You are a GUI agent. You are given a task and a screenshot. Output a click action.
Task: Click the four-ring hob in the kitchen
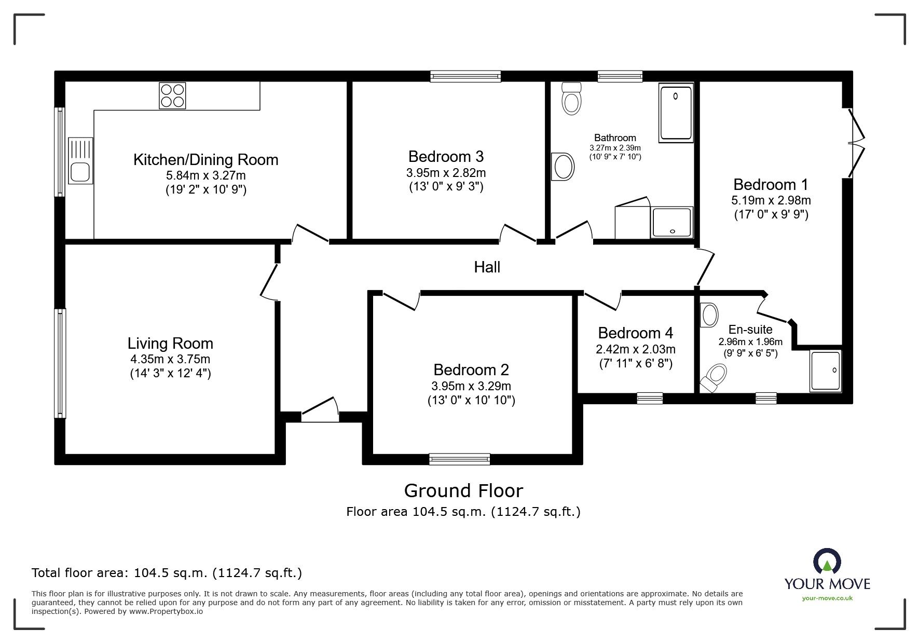[172, 95]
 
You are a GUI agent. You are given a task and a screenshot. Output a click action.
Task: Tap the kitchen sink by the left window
[80, 161]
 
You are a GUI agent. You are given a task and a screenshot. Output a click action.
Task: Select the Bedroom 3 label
[446, 156]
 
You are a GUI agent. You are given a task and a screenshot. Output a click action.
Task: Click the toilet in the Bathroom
[571, 99]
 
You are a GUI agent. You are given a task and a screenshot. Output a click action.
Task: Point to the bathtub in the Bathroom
[675, 113]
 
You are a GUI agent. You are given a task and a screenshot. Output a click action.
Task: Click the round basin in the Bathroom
[564, 167]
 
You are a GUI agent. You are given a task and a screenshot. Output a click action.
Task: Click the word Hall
[487, 267]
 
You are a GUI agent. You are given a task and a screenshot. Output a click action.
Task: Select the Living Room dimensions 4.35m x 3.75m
[170, 359]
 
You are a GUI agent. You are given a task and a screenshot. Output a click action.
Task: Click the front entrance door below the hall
[320, 410]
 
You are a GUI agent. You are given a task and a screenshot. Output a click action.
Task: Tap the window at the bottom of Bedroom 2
[460, 458]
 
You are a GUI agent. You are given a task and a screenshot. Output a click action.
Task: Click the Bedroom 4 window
[650, 398]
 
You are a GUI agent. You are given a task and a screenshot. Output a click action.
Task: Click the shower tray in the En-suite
[825, 371]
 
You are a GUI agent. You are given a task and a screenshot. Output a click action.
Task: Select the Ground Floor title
[463, 490]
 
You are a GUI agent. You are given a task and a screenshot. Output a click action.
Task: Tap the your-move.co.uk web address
[827, 598]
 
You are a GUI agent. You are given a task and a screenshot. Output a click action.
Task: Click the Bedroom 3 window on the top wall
[465, 77]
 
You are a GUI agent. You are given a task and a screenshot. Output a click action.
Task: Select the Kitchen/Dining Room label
[205, 159]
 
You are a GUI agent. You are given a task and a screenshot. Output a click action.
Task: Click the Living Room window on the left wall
[61, 363]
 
